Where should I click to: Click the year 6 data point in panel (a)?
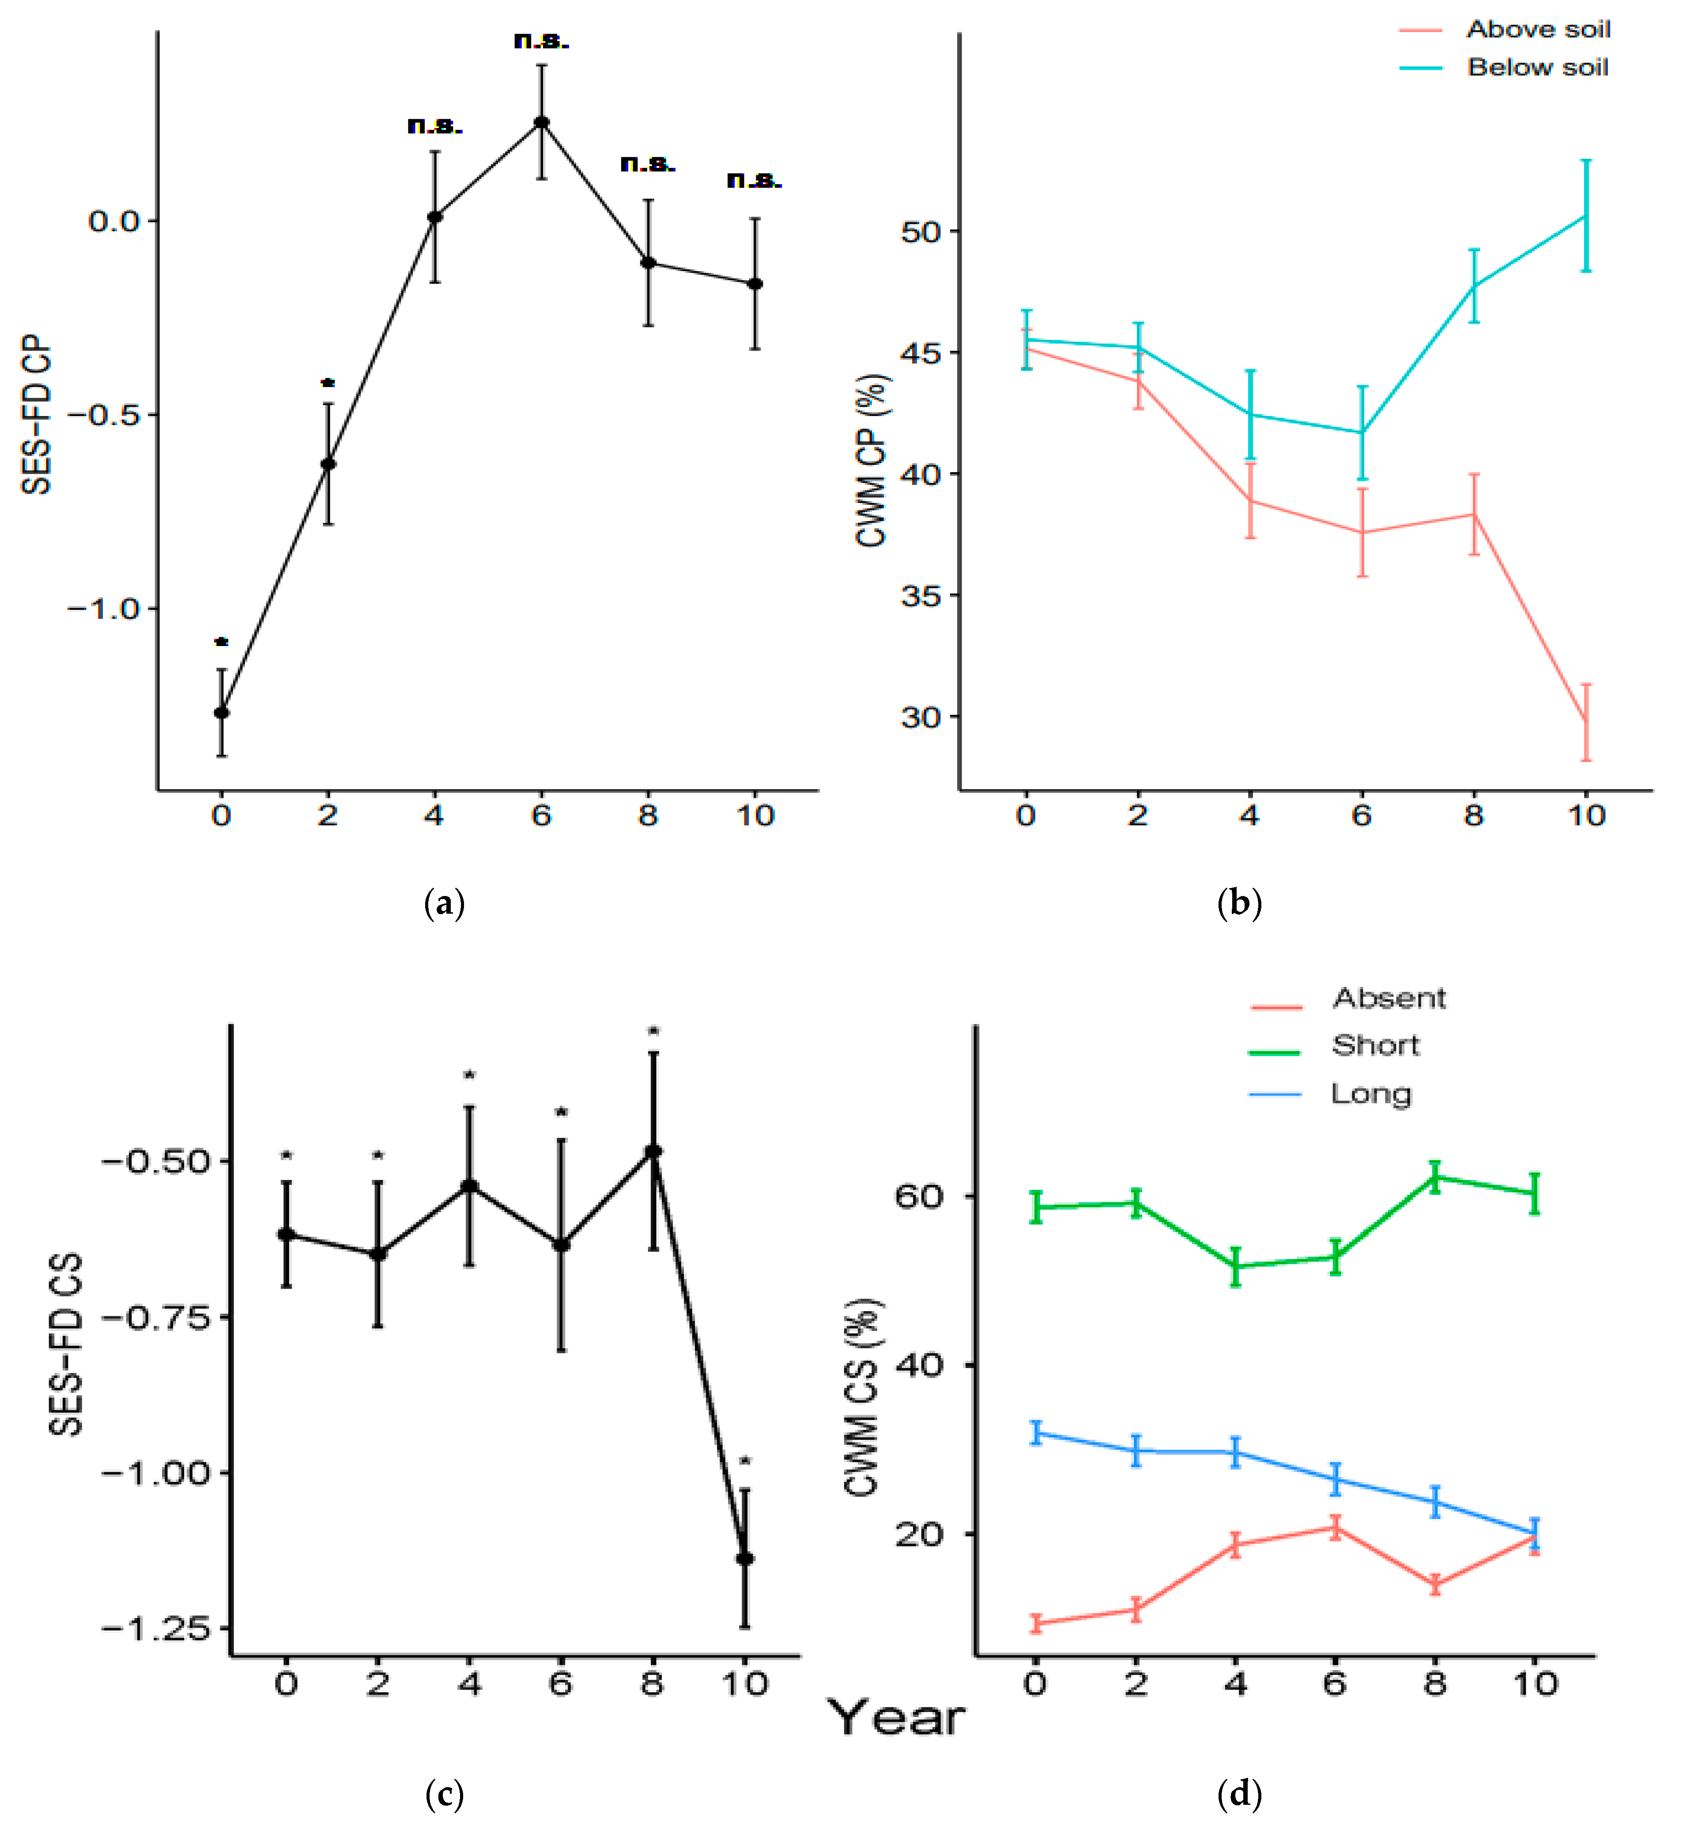point(541,122)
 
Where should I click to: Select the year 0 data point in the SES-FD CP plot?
point(221,712)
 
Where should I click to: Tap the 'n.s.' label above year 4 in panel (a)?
point(434,126)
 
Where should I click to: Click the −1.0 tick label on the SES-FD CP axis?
point(104,609)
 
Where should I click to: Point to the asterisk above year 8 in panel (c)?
point(653,1032)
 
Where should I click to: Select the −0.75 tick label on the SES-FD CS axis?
point(155,1317)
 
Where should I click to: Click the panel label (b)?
point(1239,904)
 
